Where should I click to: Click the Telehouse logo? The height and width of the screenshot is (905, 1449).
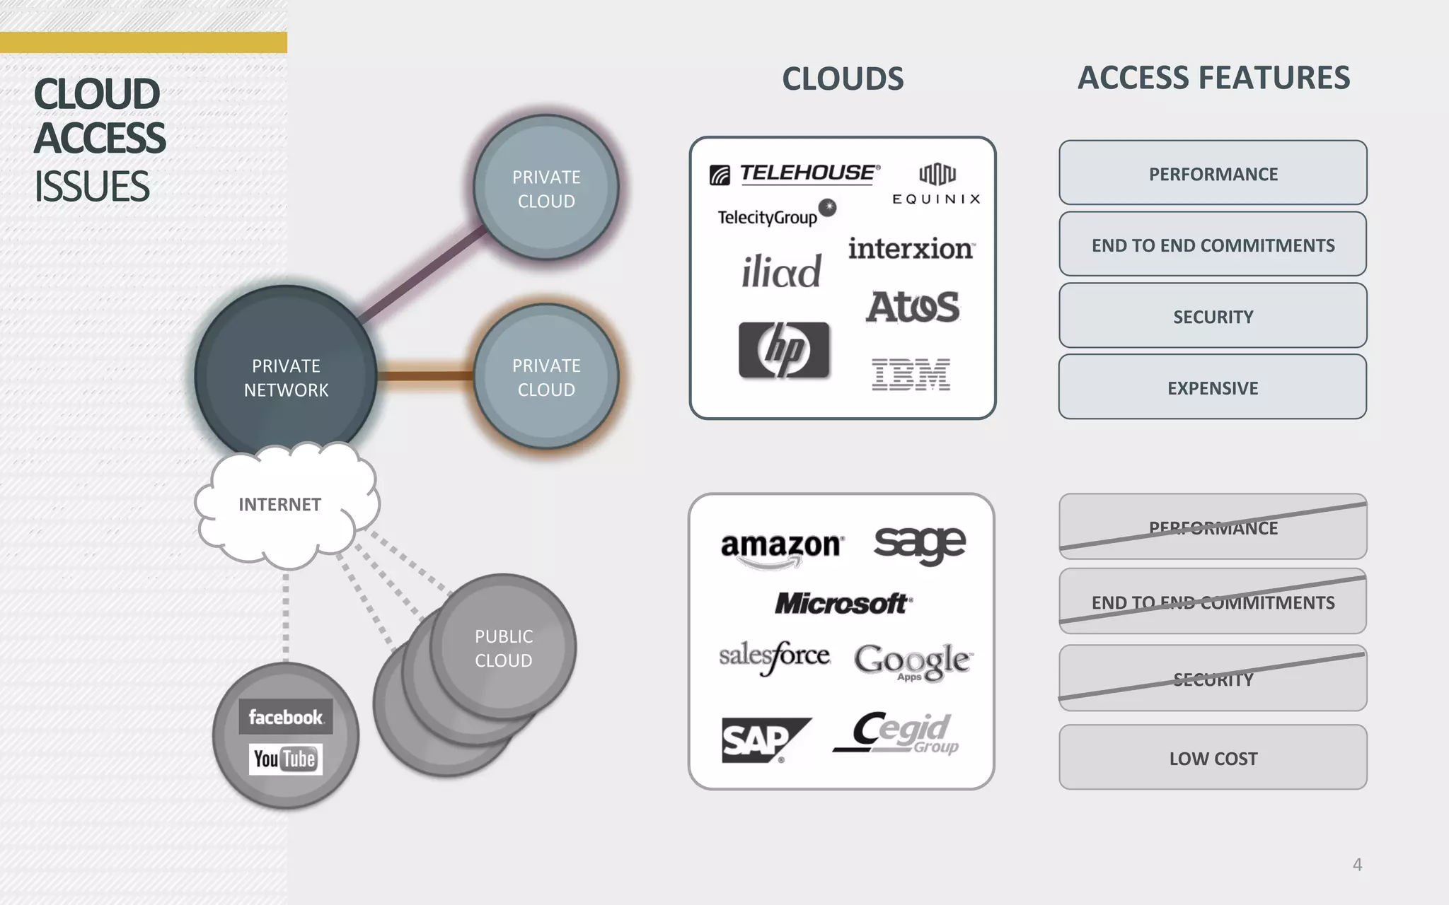(795, 174)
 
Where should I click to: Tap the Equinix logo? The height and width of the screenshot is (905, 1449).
(936, 184)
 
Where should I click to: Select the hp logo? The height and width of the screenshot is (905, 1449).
(784, 350)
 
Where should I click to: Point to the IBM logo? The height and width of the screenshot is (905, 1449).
(911, 374)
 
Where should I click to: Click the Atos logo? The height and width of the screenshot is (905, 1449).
(913, 307)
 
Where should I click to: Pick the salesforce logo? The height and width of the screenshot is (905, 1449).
(775, 657)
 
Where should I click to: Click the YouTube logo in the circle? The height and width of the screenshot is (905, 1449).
(285, 759)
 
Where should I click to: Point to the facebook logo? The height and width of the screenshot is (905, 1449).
(285, 717)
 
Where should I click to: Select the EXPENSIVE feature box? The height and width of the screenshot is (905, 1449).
(1213, 387)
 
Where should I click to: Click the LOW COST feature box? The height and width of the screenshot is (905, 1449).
(1213, 758)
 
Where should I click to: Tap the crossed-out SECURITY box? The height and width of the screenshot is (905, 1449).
(1213, 679)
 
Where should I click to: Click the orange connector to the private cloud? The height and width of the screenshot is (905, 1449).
(425, 375)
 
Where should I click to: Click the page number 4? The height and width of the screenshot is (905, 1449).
(1357, 864)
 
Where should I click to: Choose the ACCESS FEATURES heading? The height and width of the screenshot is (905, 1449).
(1213, 78)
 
